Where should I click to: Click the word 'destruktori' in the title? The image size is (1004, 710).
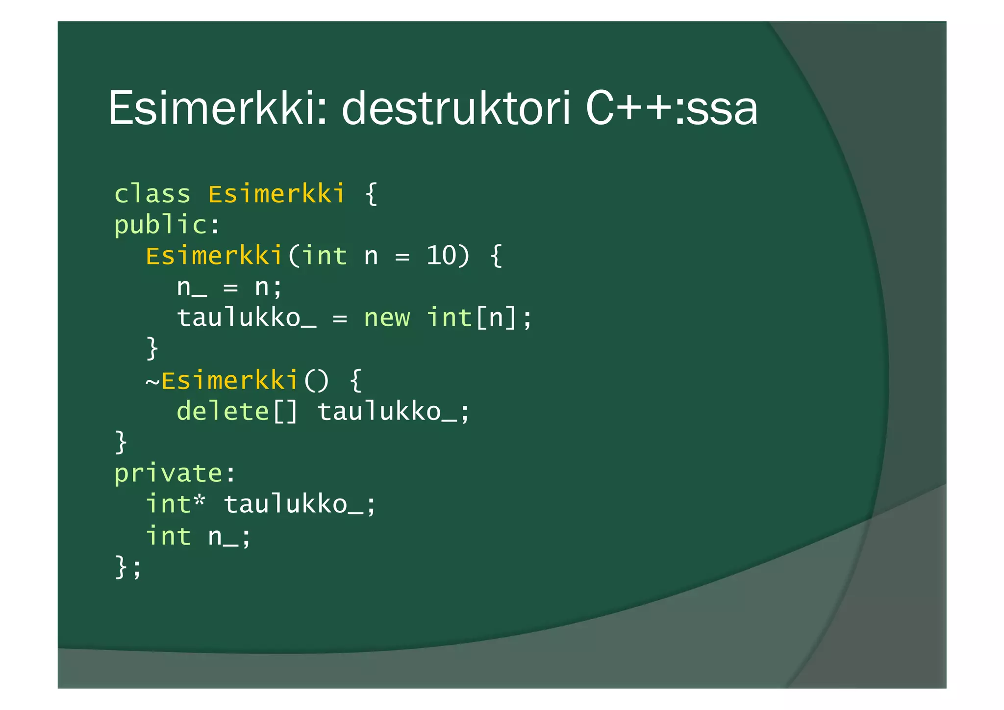click(x=456, y=108)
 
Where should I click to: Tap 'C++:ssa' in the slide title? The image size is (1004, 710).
click(x=672, y=108)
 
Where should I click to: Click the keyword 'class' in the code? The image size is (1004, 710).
click(x=152, y=194)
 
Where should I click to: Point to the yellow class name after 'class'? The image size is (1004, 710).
click(x=276, y=194)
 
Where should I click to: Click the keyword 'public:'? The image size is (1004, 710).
click(x=167, y=225)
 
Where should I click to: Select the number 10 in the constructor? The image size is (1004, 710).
click(x=441, y=256)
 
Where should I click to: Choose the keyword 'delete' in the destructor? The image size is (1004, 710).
click(x=223, y=411)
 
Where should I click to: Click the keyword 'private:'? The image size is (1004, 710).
click(x=175, y=473)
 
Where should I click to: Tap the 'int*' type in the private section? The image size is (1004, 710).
click(x=175, y=504)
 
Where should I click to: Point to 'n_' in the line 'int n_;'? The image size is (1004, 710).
click(x=223, y=536)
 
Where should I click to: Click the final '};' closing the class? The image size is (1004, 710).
click(x=128, y=567)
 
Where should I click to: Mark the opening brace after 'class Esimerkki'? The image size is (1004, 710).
click(x=371, y=194)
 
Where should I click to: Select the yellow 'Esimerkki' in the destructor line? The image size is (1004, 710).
click(x=230, y=380)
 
